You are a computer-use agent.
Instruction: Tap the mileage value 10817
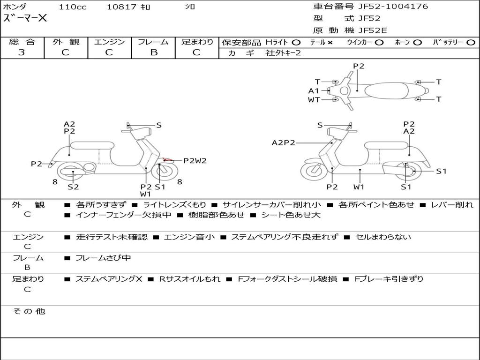pyautogui.click(x=121, y=7)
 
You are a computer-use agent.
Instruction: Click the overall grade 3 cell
pyautogui.click(x=22, y=52)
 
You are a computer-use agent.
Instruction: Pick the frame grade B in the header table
pyautogui.click(x=154, y=52)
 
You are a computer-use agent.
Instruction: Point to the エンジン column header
pyautogui.click(x=109, y=42)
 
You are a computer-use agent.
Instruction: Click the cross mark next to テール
pyautogui.click(x=330, y=43)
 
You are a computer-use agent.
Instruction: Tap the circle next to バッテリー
pyautogui.click(x=470, y=43)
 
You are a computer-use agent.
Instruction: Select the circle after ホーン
pyautogui.click(x=417, y=43)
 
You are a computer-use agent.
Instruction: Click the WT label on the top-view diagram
pyautogui.click(x=314, y=100)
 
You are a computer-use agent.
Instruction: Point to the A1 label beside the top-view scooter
pyautogui.click(x=314, y=91)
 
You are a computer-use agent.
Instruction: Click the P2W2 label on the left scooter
pyautogui.click(x=195, y=161)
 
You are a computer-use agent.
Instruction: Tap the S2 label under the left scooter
pyautogui.click(x=73, y=187)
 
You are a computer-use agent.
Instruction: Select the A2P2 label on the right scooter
pyautogui.click(x=284, y=143)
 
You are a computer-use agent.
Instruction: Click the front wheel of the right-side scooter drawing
pyautogui.click(x=314, y=171)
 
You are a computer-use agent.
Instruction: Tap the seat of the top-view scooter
pyautogui.click(x=392, y=90)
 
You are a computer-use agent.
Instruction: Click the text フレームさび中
pyautogui.click(x=103, y=258)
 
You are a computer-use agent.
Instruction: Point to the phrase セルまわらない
pyautogui.click(x=383, y=237)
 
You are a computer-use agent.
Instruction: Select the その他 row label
pyautogui.click(x=29, y=311)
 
